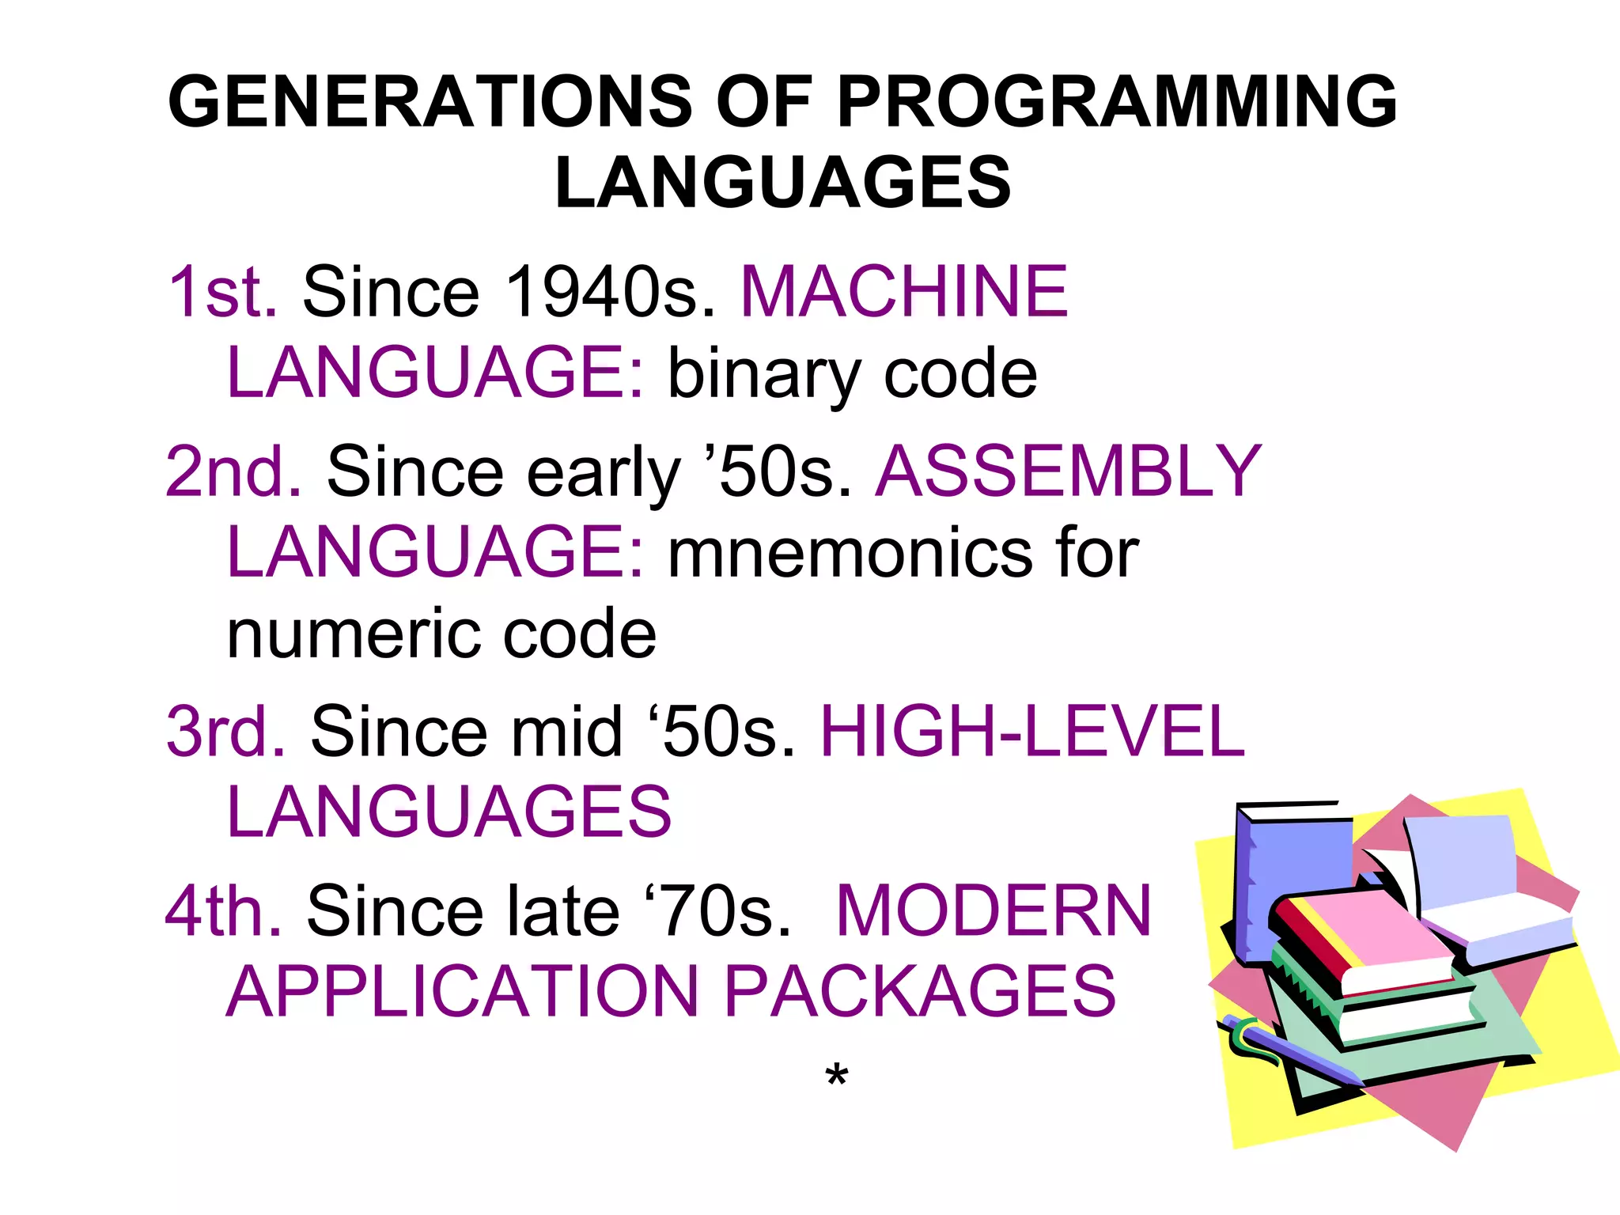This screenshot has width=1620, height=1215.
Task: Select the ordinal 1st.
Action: pos(222,292)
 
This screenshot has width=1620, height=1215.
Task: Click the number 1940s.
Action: pos(609,292)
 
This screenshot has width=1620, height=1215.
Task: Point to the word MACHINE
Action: pos(904,292)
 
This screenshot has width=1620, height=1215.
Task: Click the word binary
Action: pos(764,375)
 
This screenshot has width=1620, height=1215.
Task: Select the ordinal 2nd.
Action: pos(233,471)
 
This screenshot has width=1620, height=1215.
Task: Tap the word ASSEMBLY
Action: pos(1069,471)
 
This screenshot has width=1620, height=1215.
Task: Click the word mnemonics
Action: pos(850,553)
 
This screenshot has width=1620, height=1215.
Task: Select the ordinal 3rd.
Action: pos(225,732)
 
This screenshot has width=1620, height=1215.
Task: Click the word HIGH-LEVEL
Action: pos(1032,732)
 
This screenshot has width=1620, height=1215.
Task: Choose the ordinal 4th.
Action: pos(223,911)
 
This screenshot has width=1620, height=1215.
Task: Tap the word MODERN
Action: pos(994,911)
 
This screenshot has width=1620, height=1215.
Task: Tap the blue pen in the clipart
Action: pos(1289,1048)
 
